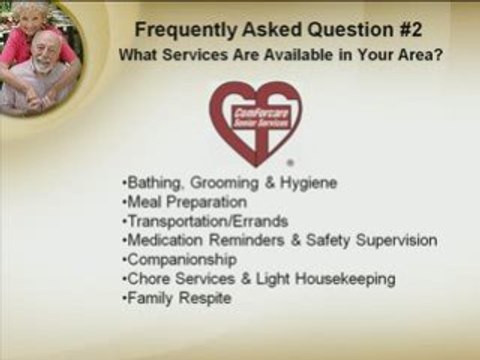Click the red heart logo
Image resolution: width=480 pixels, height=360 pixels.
pos(255,121)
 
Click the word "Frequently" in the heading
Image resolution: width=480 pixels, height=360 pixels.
pos(177,27)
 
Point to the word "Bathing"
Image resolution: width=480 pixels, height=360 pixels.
pos(148,183)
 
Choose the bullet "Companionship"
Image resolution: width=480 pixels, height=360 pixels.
pos(178,259)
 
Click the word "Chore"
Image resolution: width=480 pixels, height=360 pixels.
pos(145,278)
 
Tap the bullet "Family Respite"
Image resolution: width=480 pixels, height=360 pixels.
pos(174,297)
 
